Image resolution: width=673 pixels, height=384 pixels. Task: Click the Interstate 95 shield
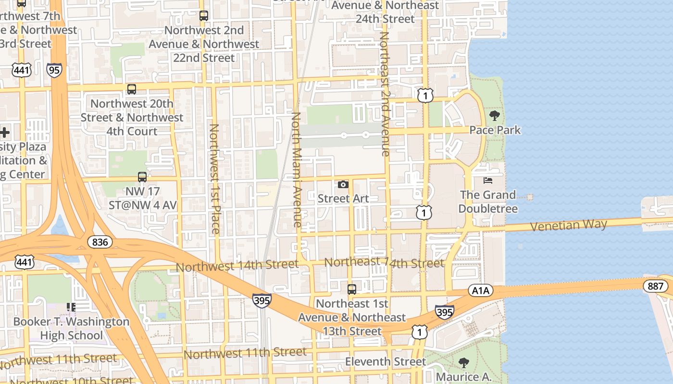point(54,70)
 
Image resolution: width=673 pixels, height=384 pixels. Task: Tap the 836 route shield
point(100,241)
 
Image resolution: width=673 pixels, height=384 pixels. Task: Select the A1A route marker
point(480,290)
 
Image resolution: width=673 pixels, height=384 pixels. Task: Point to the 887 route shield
point(655,287)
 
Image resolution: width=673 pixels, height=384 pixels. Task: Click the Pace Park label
point(495,130)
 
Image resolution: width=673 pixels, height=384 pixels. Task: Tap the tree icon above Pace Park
point(494,116)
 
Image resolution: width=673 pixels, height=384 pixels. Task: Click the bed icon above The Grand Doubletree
point(488,180)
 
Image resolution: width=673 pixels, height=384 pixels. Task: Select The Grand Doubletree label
point(488,202)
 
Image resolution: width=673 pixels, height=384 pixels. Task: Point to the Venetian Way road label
point(569,225)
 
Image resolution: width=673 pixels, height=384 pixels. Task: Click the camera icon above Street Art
point(343,184)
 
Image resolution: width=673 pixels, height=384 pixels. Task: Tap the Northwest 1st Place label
point(214,179)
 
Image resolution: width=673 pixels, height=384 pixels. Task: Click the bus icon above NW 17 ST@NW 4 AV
point(142,177)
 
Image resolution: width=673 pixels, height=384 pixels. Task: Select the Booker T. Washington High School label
point(71,328)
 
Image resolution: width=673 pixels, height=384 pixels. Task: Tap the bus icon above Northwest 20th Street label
point(132,89)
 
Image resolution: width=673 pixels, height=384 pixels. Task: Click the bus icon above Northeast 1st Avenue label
point(352,289)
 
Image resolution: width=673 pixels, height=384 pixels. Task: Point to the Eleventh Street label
point(386,361)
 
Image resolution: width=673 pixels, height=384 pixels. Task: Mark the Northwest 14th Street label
point(237,265)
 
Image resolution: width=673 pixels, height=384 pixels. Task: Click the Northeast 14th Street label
point(384,263)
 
